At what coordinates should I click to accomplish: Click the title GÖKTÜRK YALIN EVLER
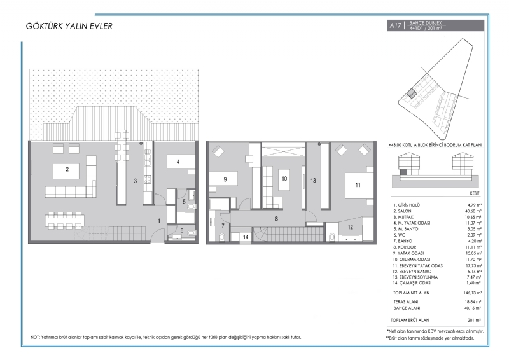[69, 26]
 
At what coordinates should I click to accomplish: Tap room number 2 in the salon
[67, 169]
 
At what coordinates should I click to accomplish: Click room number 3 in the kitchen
[136, 181]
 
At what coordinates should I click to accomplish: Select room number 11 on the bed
[358, 185]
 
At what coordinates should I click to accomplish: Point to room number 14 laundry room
[246, 237]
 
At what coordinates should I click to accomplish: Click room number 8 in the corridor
[277, 219]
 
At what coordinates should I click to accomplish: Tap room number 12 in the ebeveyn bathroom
[350, 227]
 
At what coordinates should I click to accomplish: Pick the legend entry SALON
[402, 211]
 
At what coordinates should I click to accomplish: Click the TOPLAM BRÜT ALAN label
[410, 320]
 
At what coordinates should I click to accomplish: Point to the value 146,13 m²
[472, 293]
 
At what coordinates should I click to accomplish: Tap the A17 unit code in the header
[395, 25]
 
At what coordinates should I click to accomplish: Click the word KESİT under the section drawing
[475, 193]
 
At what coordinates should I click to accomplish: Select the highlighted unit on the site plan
[411, 93]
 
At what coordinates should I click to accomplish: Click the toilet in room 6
[192, 232]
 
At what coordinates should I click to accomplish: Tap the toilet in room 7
[222, 237]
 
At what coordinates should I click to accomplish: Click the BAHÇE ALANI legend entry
[407, 308]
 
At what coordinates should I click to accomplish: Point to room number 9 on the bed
[225, 179]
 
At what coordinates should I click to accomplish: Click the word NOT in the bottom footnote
[35, 338]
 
